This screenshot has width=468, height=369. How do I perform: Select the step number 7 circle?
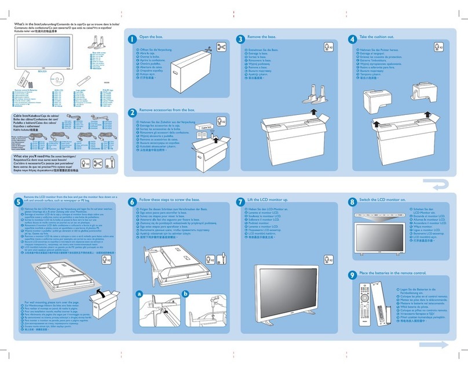[242, 202]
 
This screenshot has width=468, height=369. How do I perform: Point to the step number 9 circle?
[352, 274]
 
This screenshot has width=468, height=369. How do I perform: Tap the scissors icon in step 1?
[220, 48]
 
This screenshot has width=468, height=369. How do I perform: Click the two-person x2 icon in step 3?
[328, 48]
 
